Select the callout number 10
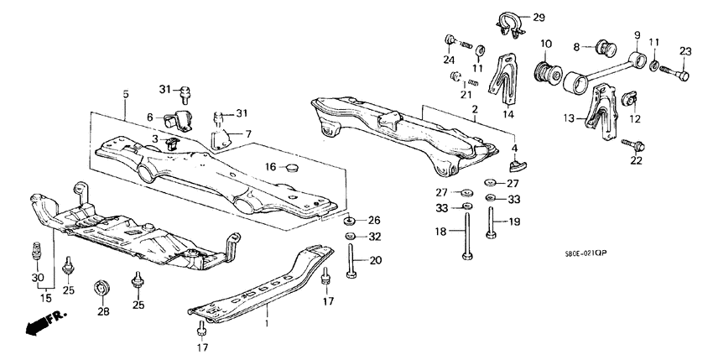click(546, 44)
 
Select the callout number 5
click(125, 95)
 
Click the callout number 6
click(151, 117)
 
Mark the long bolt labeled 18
click(466, 237)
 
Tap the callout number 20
click(375, 260)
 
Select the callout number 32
click(374, 237)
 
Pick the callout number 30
click(36, 278)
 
